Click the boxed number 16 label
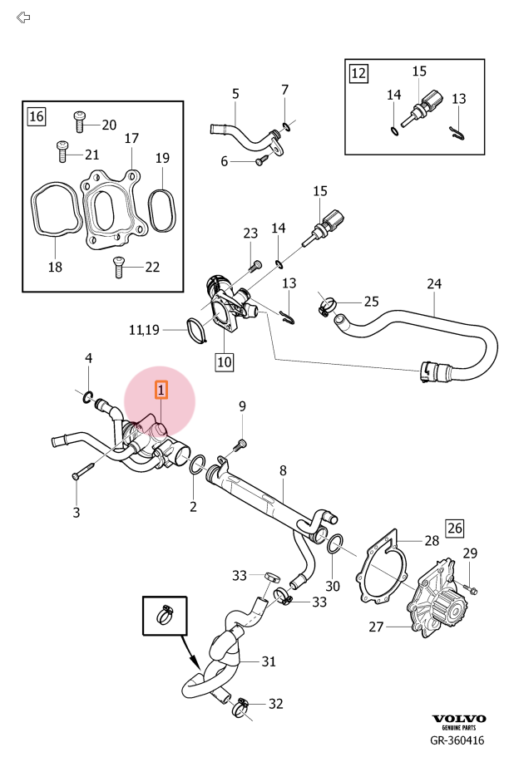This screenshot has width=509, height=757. [37, 116]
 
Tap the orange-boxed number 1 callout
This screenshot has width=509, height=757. [161, 388]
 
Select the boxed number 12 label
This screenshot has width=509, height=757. [358, 73]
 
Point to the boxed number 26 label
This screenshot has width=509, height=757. [454, 527]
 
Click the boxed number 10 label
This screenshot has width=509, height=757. [224, 361]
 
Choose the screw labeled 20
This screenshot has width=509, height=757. [81, 122]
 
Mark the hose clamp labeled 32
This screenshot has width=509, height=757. [240, 705]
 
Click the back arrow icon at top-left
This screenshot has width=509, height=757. [23, 17]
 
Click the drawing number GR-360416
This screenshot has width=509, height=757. [457, 740]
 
